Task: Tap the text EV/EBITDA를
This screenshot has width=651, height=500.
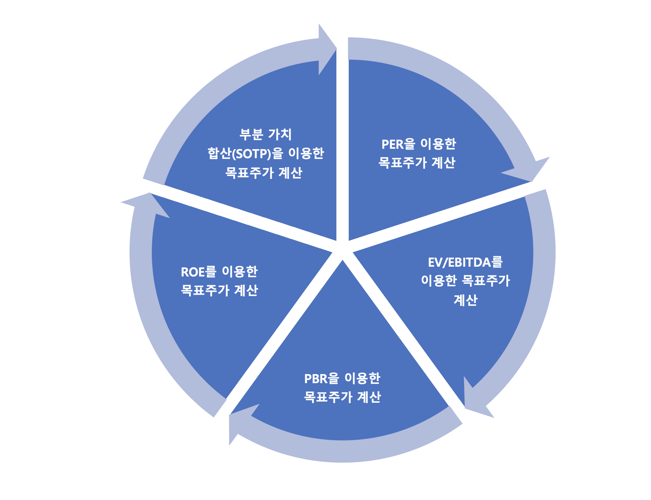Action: [465, 262]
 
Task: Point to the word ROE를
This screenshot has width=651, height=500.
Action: [198, 272]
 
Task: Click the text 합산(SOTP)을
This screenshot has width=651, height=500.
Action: [245, 153]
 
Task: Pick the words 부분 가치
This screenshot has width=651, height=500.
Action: [265, 134]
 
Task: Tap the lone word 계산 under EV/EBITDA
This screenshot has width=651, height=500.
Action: [465, 300]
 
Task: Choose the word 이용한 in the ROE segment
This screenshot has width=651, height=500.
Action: [239, 272]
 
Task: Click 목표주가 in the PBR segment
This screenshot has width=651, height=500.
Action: [328, 397]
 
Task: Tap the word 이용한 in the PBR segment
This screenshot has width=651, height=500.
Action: [362, 378]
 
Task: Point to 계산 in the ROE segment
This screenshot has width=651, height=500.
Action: [246, 291]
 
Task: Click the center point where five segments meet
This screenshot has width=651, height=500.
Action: [342, 250]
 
